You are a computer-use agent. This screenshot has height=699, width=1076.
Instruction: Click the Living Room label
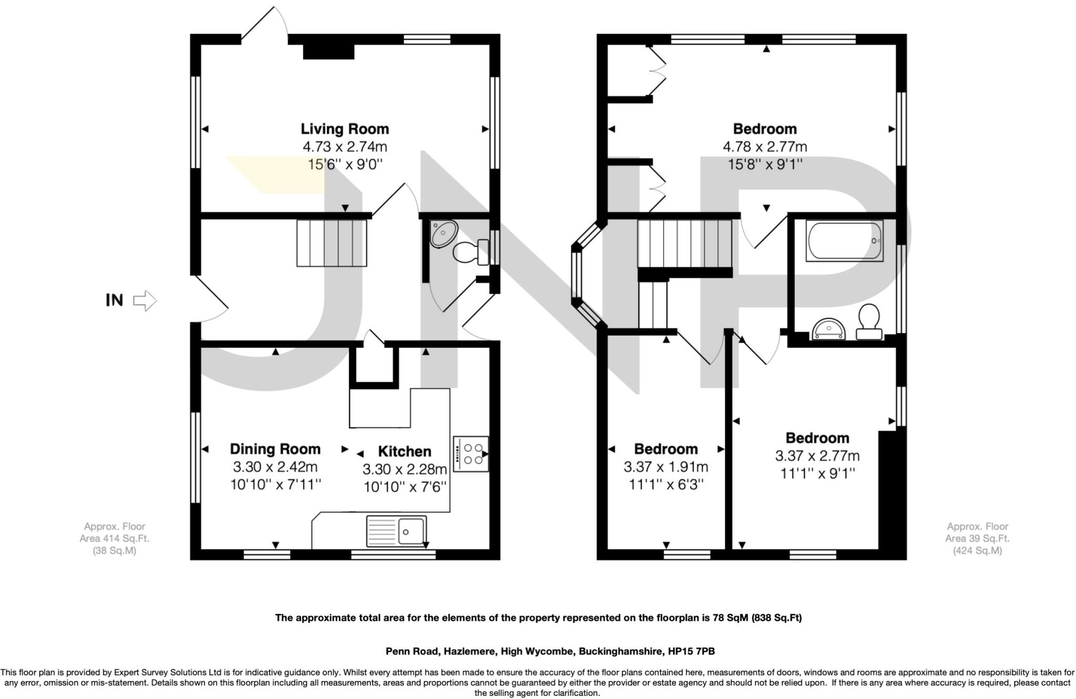(345, 129)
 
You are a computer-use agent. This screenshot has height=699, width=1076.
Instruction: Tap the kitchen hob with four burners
(471, 454)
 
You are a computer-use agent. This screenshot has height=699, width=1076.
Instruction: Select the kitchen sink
(397, 531)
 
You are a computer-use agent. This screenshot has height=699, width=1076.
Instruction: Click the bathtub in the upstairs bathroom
(844, 241)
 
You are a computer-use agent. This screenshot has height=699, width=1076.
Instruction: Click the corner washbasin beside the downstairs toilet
(443, 234)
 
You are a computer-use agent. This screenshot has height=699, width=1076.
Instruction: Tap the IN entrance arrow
(145, 301)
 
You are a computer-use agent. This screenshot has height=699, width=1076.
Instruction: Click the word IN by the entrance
(115, 300)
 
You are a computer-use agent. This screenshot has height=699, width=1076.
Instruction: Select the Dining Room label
(275, 450)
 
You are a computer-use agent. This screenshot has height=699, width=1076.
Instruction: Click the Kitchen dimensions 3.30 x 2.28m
(405, 469)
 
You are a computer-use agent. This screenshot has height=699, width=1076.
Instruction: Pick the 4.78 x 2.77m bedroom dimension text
(765, 147)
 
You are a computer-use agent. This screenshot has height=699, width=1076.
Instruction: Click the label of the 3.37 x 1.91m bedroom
(666, 450)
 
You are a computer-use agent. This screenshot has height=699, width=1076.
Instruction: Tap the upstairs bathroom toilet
(869, 321)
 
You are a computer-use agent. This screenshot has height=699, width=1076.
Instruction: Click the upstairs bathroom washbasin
(829, 329)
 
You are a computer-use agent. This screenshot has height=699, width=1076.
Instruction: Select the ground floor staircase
(332, 243)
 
